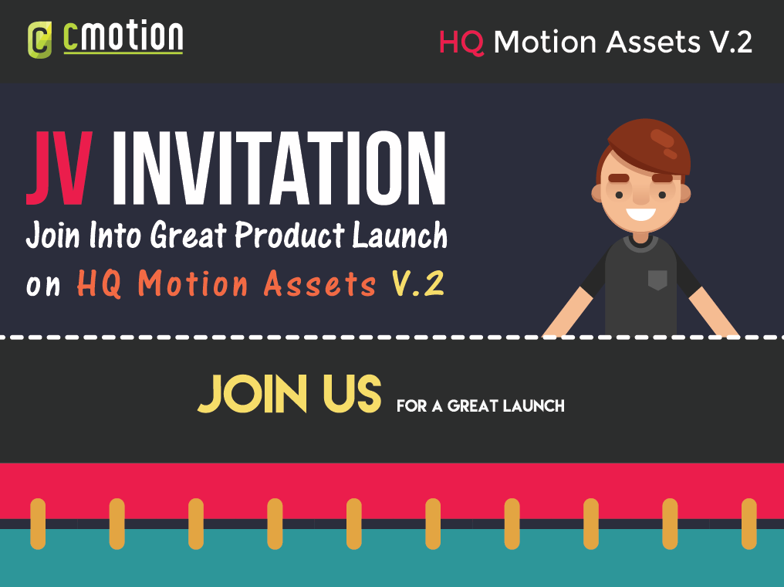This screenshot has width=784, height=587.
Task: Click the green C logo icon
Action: (39, 40)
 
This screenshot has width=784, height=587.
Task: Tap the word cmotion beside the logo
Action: (123, 36)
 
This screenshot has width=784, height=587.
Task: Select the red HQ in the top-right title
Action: (461, 42)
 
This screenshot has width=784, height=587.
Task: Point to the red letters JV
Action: (59, 168)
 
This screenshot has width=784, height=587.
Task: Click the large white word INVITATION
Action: (279, 168)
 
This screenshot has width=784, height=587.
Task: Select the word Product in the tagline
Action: (290, 235)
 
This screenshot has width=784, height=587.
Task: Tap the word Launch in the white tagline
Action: (400, 235)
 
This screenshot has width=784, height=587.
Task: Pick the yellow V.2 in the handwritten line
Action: (417, 283)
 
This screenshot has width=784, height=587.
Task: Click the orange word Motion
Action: (192, 283)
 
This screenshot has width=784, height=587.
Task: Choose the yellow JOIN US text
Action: (289, 394)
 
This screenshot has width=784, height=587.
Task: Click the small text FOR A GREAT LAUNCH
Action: (481, 405)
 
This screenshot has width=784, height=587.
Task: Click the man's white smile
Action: (640, 214)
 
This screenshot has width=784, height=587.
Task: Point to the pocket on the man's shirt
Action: (657, 280)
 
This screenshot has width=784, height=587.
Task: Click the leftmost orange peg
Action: (38, 524)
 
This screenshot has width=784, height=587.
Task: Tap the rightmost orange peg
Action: (749, 524)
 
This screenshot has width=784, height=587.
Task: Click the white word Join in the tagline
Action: (53, 235)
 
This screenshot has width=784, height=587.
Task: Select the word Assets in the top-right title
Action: (653, 42)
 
